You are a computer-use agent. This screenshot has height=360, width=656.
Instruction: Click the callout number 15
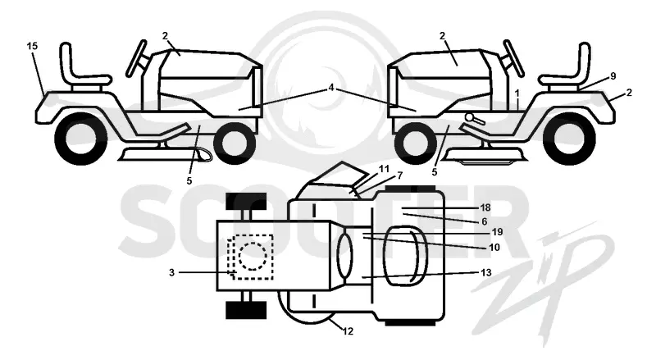pyautogui.click(x=32, y=46)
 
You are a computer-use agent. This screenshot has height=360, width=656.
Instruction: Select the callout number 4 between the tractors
pyautogui.click(x=331, y=88)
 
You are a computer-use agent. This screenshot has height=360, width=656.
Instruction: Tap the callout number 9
pyautogui.click(x=613, y=76)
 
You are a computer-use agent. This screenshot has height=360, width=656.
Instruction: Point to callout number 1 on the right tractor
pyautogui.click(x=517, y=93)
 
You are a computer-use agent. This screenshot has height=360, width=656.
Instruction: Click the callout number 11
pyautogui.click(x=384, y=169)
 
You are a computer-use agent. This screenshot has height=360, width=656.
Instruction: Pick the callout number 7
pyautogui.click(x=400, y=175)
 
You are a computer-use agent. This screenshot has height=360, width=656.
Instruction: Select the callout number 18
pyautogui.click(x=485, y=207)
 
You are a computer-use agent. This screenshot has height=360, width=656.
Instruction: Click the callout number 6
pyautogui.click(x=485, y=221)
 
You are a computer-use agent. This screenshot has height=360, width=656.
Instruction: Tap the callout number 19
pyautogui.click(x=497, y=232)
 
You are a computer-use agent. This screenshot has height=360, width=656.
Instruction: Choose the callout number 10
pyautogui.click(x=494, y=248)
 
